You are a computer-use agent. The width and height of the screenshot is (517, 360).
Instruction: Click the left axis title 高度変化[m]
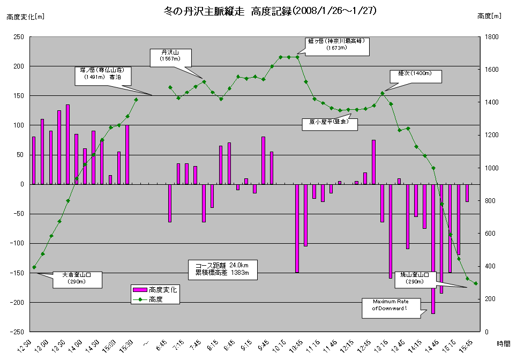click(26, 17)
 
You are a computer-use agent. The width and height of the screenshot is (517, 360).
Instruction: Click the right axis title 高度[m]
click(489, 17)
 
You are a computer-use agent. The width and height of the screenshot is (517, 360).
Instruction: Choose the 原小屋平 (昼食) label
click(329, 122)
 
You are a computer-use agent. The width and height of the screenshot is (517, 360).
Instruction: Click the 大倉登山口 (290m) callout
click(77, 279)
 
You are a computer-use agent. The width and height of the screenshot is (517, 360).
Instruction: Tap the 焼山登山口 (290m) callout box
click(416, 277)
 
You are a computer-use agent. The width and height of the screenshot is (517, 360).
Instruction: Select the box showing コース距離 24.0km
click(222, 269)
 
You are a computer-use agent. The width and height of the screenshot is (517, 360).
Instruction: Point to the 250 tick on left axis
click(19, 36)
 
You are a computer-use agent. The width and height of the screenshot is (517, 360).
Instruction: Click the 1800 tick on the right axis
click(492, 36)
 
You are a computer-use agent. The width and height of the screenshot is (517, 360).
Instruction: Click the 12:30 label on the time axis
click(24, 346)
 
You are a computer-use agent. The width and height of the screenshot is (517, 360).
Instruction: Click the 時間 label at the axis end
click(503, 343)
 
